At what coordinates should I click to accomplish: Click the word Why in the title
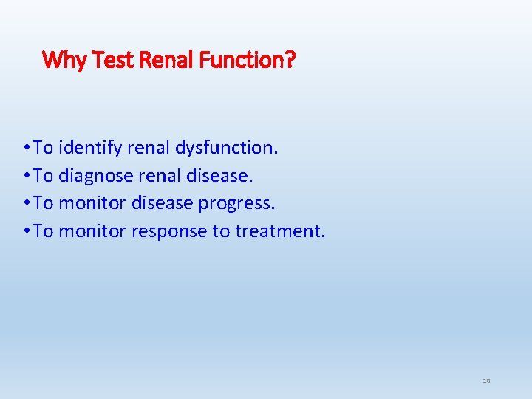[x=65, y=60]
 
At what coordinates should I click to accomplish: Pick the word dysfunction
[x=227, y=148]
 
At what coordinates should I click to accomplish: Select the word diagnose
[x=95, y=176]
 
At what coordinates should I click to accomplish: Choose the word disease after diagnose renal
[x=219, y=176]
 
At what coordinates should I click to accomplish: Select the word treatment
[x=280, y=231]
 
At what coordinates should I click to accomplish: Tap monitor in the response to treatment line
[x=92, y=231]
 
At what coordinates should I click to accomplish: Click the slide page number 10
[x=486, y=381]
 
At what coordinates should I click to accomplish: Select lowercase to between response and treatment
[x=221, y=231]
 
